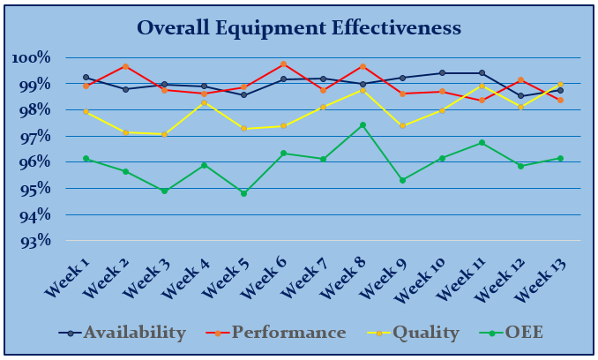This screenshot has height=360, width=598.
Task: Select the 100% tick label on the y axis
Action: [x=33, y=58]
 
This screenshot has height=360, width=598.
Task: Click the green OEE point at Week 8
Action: [x=363, y=125]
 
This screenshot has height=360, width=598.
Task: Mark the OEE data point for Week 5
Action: [x=243, y=193]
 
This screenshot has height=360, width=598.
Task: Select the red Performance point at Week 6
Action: [x=283, y=64]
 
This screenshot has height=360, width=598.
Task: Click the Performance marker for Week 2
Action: [x=125, y=66]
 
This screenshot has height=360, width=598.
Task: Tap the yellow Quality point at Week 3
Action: [x=165, y=134]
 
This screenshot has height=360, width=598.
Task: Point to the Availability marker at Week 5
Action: [x=243, y=94]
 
